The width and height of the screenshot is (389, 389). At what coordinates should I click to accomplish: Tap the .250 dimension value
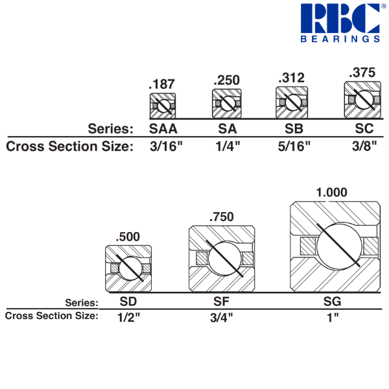pyautogui.click(x=227, y=80)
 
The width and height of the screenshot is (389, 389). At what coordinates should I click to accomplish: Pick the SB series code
pyautogui.click(x=291, y=127)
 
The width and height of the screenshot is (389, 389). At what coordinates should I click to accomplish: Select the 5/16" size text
pyautogui.click(x=291, y=146)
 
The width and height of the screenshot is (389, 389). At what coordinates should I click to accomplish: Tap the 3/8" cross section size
pyautogui.click(x=362, y=146)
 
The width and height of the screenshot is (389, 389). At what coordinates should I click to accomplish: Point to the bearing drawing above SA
pyautogui.click(x=227, y=102)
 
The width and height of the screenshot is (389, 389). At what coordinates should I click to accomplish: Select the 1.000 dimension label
pyautogui.click(x=331, y=193)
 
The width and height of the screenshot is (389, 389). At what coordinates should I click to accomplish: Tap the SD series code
pyautogui.click(x=128, y=301)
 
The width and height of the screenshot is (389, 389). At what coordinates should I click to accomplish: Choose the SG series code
pyautogui.click(x=331, y=301)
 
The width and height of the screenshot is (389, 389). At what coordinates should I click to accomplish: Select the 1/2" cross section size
pyautogui.click(x=128, y=318)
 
